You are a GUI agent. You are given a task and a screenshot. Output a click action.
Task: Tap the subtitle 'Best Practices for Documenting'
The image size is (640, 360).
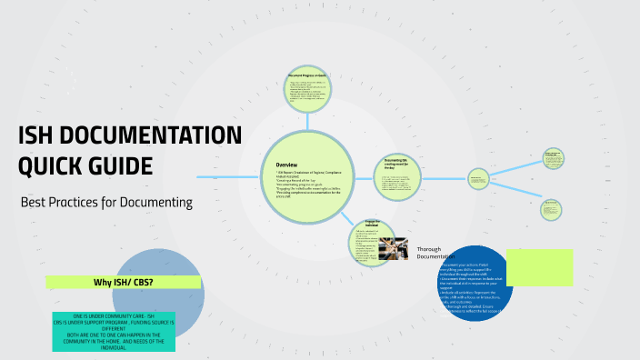(x=106, y=202)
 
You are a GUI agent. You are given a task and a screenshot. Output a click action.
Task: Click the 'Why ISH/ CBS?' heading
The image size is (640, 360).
(x=124, y=282)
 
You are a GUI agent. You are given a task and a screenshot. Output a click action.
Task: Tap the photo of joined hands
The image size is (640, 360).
(x=393, y=245)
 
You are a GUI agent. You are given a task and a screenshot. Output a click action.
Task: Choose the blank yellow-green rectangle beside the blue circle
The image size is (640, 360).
(x=540, y=266)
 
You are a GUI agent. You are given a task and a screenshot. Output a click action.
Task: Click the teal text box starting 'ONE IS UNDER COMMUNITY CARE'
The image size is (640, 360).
(x=114, y=331)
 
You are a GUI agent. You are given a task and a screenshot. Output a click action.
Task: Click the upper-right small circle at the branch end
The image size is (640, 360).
(x=551, y=158)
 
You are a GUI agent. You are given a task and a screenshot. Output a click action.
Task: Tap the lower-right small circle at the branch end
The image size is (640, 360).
(x=551, y=209)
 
